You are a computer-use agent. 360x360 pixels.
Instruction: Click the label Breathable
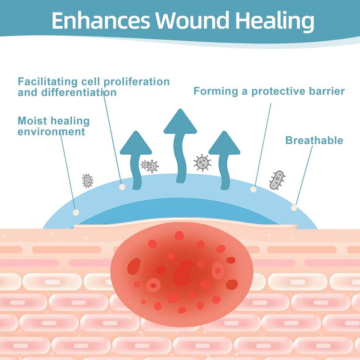pos(314,141)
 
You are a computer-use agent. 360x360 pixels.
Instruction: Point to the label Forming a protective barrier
pos(269,91)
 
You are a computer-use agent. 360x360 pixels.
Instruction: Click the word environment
pos(51,132)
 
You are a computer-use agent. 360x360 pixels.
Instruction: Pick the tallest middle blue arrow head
pos(180,123)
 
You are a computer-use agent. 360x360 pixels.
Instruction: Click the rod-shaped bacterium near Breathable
pos(277,180)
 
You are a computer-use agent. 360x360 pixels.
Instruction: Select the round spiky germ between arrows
pos(202,162)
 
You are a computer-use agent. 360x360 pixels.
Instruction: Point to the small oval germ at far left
pos(87,181)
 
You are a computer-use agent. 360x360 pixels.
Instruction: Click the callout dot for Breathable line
pos(294,208)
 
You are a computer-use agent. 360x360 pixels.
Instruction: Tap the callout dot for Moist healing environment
pos(76,212)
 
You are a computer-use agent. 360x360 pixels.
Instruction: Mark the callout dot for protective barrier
pos(253,189)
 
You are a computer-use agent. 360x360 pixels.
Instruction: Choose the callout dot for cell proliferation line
pos(121,186)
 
